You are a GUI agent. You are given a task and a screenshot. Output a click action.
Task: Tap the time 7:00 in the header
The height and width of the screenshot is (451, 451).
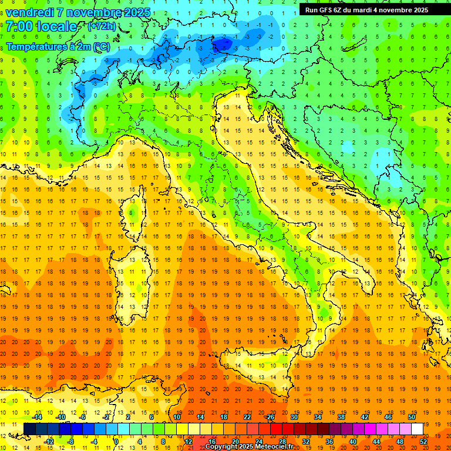tap(21, 27)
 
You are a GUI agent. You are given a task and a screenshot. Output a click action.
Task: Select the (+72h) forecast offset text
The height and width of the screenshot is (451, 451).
tap(102, 26)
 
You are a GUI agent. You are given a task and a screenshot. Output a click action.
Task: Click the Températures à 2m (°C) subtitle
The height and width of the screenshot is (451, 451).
tap(58, 46)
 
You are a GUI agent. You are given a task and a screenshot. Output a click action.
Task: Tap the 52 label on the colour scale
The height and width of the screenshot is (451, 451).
tap(423, 441)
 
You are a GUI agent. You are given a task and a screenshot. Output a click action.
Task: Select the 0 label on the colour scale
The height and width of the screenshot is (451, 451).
tap(117, 441)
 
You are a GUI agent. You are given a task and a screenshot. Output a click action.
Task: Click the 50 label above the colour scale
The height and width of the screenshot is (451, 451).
tap(411, 417)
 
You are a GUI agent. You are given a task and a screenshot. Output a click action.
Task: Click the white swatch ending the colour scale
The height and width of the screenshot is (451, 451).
tap(417, 429)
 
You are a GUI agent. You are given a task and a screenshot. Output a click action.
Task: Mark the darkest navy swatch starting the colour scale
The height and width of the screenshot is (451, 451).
tap(29, 429)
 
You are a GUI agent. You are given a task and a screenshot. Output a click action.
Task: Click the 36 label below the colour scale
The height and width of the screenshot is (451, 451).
tap(329, 441)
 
